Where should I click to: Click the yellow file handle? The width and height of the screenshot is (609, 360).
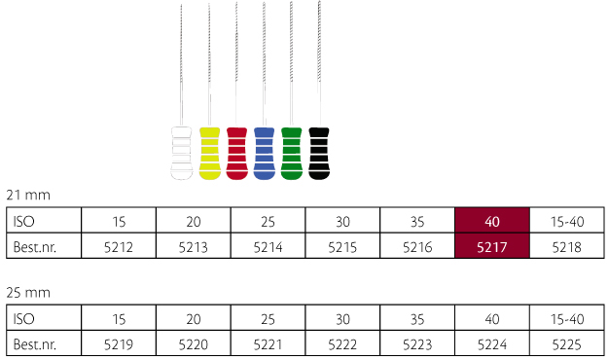click(210, 154)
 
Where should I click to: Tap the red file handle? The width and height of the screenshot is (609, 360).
click(237, 154)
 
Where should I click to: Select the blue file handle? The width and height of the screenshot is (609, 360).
click(264, 154)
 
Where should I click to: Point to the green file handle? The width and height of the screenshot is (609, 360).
click(291, 154)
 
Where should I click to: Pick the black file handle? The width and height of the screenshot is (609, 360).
click(319, 154)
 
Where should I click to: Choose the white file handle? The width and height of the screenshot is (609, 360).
click(182, 154)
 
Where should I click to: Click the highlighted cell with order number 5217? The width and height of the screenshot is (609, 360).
click(492, 246)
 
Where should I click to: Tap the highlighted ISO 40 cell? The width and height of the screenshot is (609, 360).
click(492, 221)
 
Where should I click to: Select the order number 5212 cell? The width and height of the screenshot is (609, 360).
click(119, 246)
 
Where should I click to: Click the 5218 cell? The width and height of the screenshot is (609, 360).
click(566, 246)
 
